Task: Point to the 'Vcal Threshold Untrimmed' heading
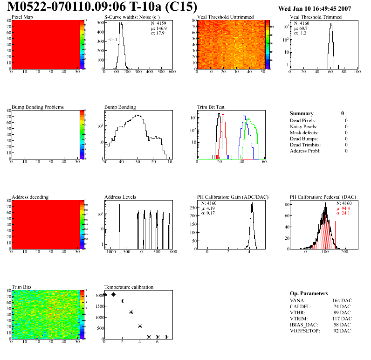pyautogui.click(x=225, y=17)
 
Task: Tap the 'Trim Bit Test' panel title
pyautogui.click(x=211, y=107)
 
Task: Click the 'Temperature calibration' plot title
pyautogui.click(x=129, y=287)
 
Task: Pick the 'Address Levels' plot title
pyautogui.click(x=120, y=197)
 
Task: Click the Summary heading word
pyautogui.click(x=302, y=113)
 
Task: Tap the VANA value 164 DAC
pyautogui.click(x=342, y=300)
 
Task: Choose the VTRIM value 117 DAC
pyautogui.click(x=342, y=318)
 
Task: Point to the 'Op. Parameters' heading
pyautogui.click(x=309, y=293)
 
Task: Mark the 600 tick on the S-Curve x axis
pyautogui.click(x=172, y=72)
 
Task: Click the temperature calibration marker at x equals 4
pyautogui.click(x=140, y=326)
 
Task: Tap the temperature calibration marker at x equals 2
pyautogui.click(x=122, y=301)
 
